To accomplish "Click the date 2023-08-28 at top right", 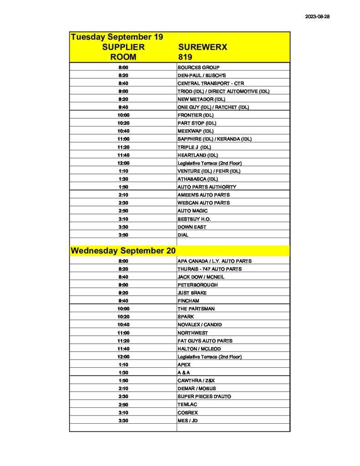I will [x=317, y=16].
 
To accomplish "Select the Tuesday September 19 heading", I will [x=117, y=37].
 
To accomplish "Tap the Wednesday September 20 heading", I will [x=123, y=251].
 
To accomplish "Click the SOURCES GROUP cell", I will [x=198, y=67].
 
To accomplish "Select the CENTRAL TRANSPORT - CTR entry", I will [x=211, y=83].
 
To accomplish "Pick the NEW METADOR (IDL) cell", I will [x=201, y=99].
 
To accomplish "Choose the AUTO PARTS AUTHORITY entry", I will [x=207, y=187].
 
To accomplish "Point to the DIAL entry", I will [x=183, y=235].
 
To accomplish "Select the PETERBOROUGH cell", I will [x=198, y=285].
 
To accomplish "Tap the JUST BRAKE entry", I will [x=192, y=293].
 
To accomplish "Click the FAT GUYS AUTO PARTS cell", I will [x=205, y=341].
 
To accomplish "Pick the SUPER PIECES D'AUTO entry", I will [x=204, y=396].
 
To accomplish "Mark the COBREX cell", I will [x=188, y=412].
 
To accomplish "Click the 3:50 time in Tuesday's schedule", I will [x=123, y=235].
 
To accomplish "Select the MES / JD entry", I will [x=188, y=420].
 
